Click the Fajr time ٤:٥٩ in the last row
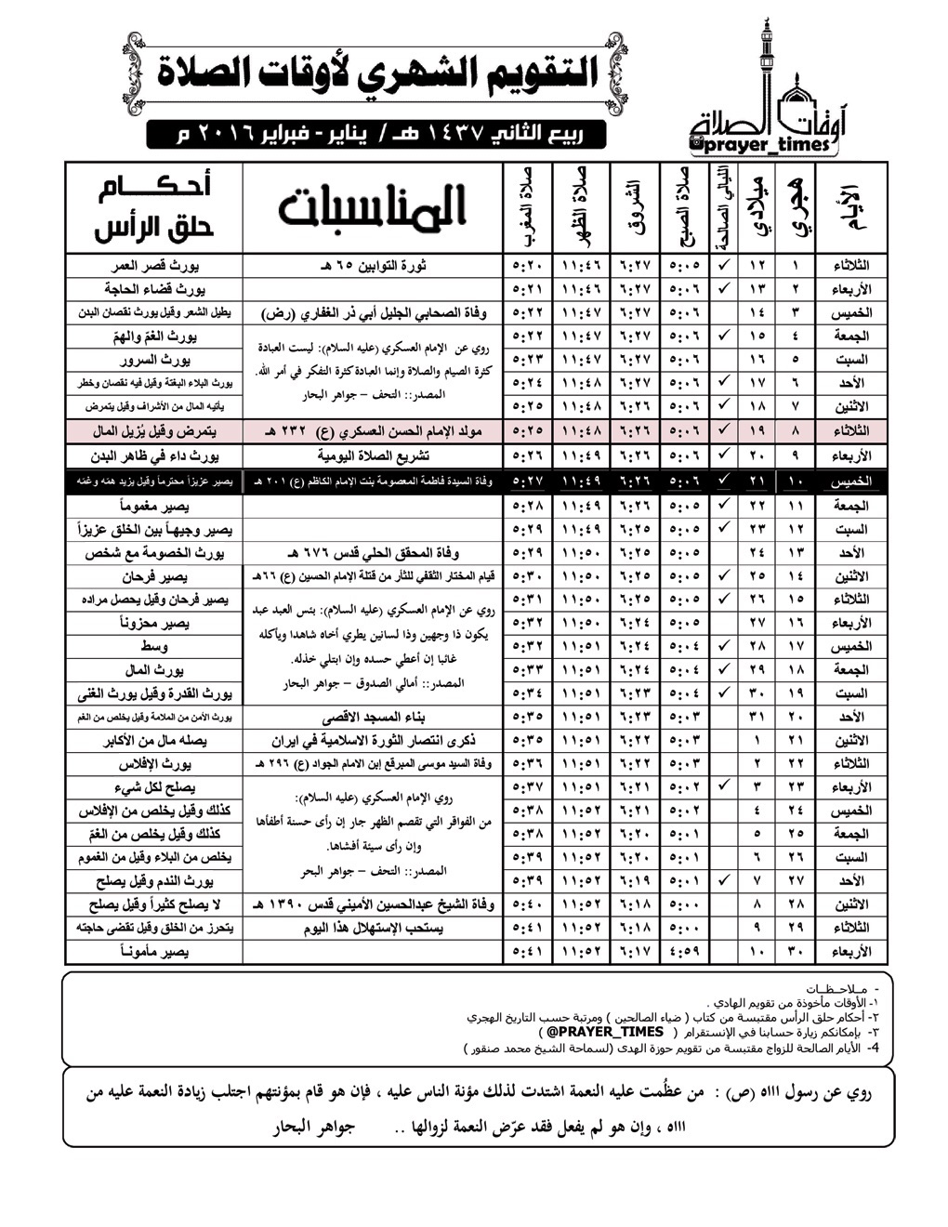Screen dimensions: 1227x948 685,952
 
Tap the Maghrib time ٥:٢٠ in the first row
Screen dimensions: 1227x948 527,265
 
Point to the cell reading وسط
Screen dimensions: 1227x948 154,646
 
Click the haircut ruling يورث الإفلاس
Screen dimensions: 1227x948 154,764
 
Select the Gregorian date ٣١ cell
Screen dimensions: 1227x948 757,718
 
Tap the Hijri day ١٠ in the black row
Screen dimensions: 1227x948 796,481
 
